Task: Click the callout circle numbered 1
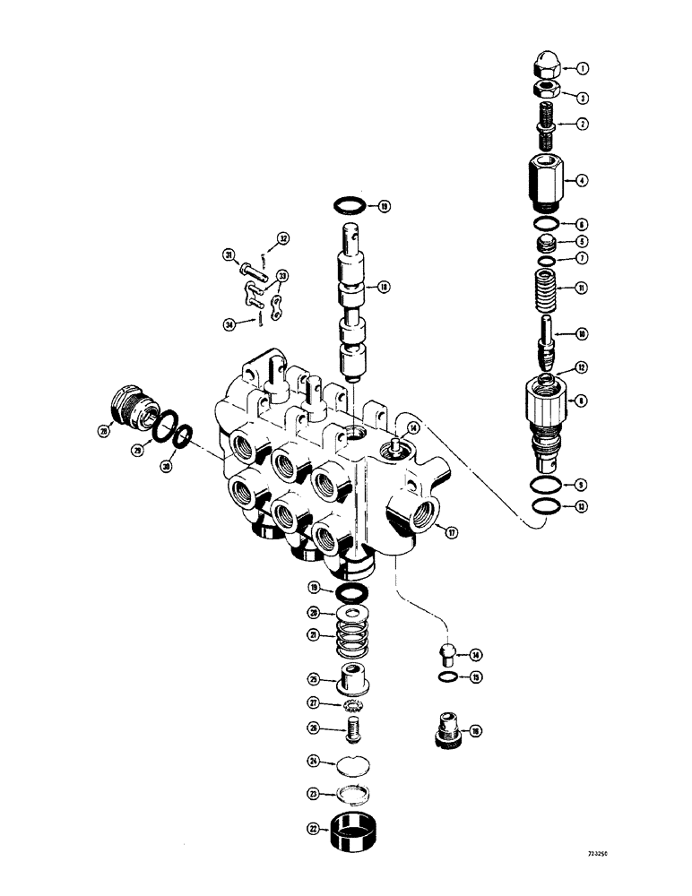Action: click(x=582, y=68)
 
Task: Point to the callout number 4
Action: click(x=582, y=180)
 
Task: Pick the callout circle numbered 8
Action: click(x=582, y=402)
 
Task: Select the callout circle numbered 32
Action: click(x=282, y=239)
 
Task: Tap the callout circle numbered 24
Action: click(x=315, y=762)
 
